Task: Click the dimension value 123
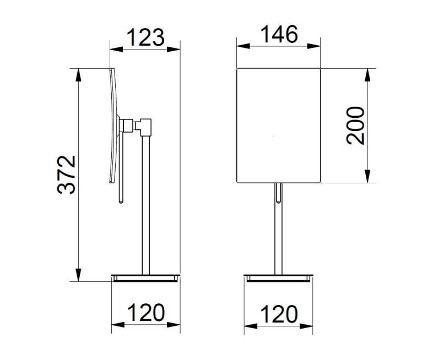[x=145, y=37]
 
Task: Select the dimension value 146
[x=279, y=34]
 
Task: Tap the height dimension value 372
[x=67, y=175]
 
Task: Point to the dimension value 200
[x=355, y=126]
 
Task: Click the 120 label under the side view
[x=146, y=313]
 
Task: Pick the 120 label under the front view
[x=279, y=314]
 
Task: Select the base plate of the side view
[x=145, y=278]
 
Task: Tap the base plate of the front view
[x=278, y=278]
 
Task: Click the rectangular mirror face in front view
[x=279, y=126]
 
